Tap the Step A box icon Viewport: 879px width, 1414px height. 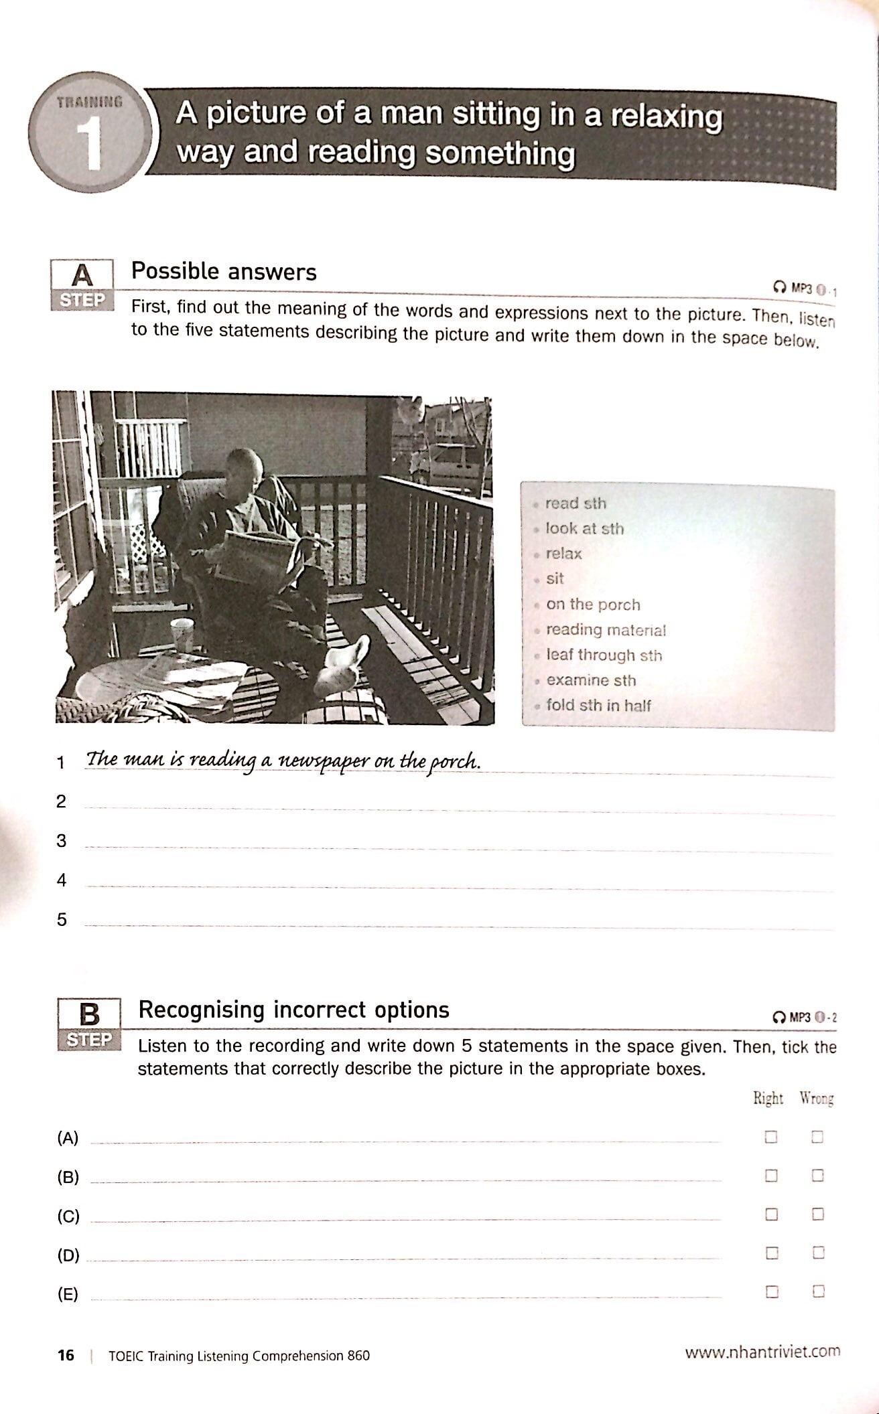tap(82, 285)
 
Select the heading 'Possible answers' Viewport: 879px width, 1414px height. tap(224, 272)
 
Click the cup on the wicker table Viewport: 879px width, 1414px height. tap(181, 635)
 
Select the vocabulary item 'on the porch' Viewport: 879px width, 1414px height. tap(593, 605)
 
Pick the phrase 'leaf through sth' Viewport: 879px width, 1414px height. tap(604, 655)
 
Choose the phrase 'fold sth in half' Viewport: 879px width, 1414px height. tap(598, 705)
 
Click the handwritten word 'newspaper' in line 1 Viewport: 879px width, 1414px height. tap(322, 761)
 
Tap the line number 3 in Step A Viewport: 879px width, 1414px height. tap(62, 841)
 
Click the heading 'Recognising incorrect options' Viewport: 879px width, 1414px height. tap(293, 1010)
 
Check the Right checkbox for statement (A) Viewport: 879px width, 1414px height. tap(771, 1137)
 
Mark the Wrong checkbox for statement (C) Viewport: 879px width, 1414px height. tap(817, 1214)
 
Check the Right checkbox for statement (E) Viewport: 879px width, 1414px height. tap(771, 1292)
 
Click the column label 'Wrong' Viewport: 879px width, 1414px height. tap(816, 1099)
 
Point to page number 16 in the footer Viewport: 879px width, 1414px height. tap(66, 1356)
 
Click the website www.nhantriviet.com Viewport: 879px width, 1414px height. tap(762, 1352)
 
